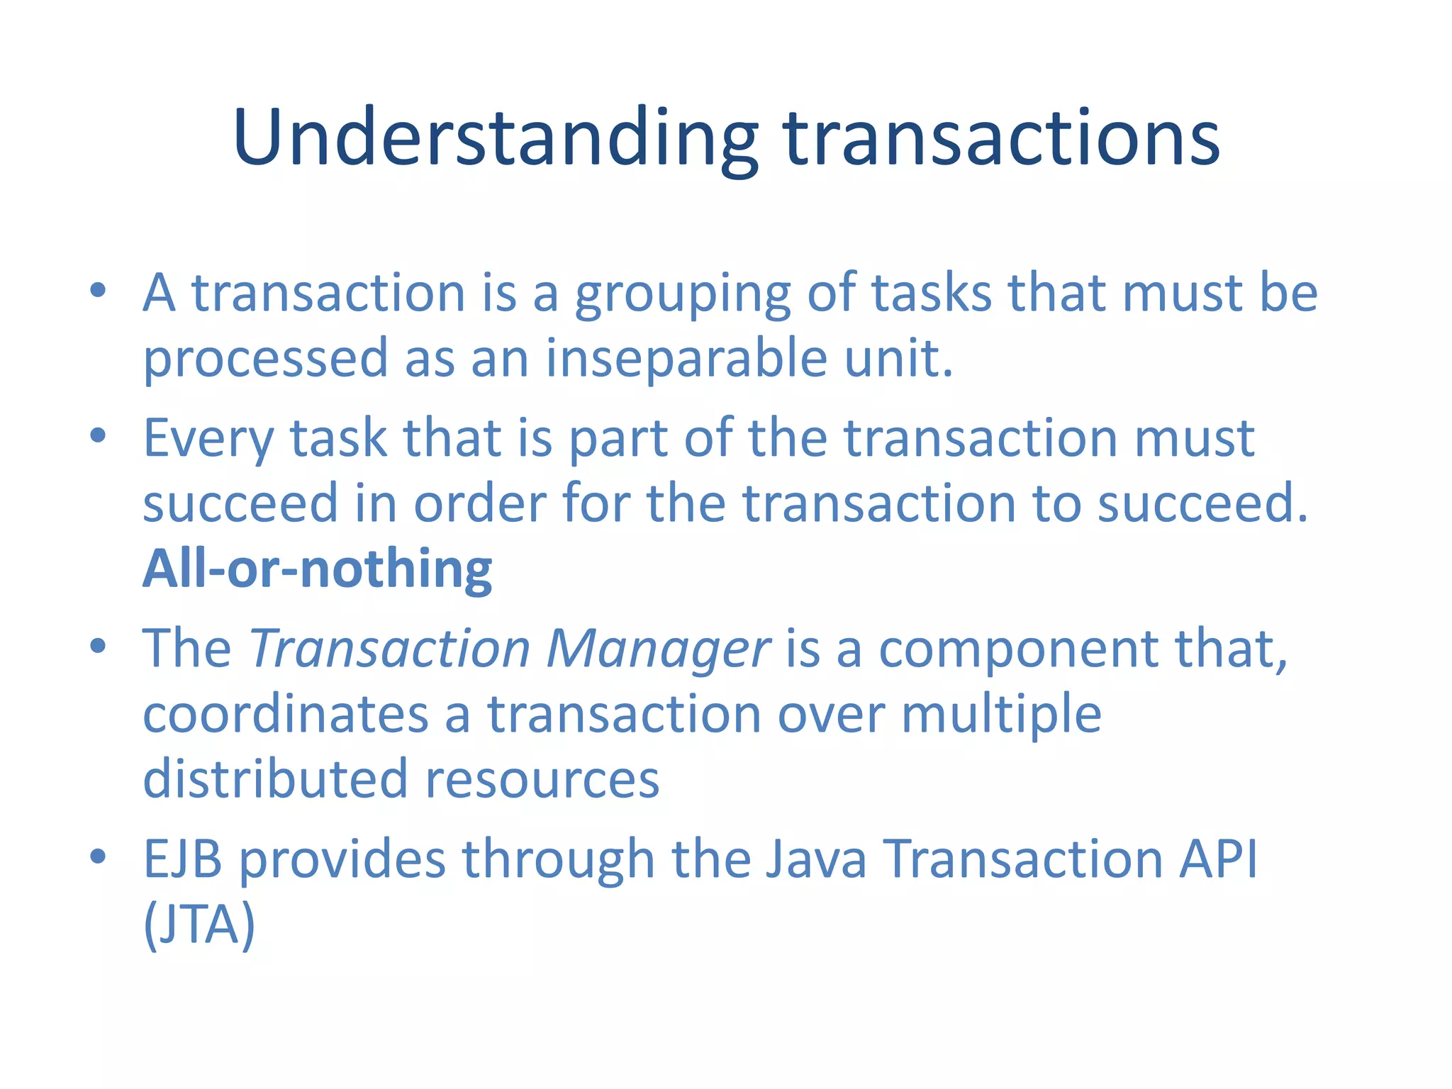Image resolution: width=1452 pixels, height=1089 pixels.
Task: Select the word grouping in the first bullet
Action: [x=682, y=294]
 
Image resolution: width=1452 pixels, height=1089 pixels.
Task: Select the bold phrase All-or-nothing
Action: [x=317, y=569]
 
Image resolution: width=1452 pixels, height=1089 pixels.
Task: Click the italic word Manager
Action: [x=658, y=649]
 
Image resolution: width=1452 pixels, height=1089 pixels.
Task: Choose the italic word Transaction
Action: [x=390, y=649]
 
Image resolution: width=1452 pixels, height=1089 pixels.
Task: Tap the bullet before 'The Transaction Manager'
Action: [x=98, y=646]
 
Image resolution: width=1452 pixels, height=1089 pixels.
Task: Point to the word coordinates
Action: [x=286, y=714]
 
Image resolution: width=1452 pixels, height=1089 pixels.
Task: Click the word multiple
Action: [x=1001, y=715]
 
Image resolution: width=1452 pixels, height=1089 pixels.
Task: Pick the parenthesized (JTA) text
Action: [x=199, y=925]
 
